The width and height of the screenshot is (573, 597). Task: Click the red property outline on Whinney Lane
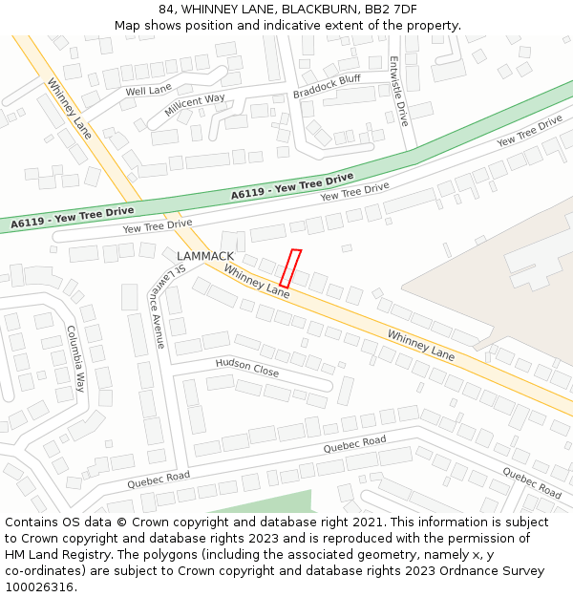[x=290, y=268]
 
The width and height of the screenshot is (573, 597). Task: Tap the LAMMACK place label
[x=205, y=256]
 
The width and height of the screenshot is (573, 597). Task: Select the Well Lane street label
[x=148, y=90]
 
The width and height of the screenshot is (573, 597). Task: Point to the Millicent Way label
[x=195, y=105]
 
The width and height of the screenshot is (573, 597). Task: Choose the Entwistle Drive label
[x=398, y=91]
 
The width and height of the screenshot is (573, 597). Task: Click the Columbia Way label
[x=75, y=358]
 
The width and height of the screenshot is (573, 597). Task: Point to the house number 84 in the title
[x=167, y=9]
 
